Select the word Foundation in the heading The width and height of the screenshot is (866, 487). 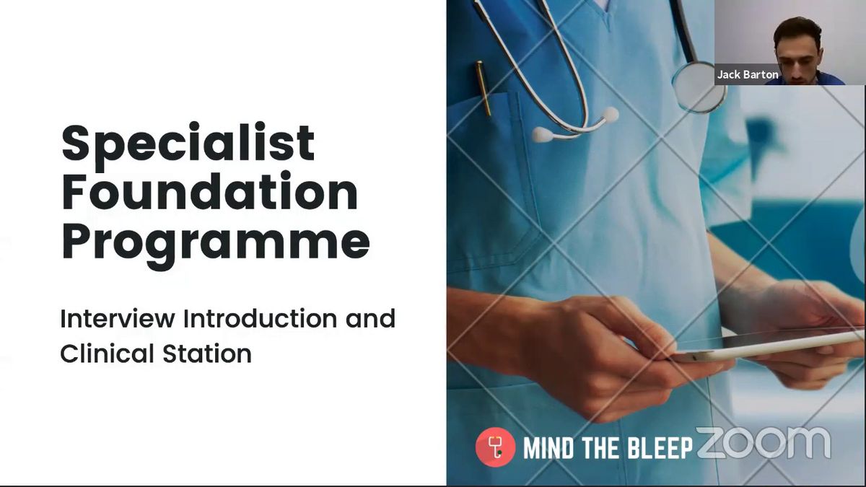(x=209, y=191)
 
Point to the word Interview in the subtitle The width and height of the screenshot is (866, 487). (x=118, y=319)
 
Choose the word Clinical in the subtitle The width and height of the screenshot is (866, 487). (x=107, y=354)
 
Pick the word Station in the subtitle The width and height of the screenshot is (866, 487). (x=207, y=354)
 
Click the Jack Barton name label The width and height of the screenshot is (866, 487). (x=748, y=74)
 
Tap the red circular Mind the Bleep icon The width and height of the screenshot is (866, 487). (x=496, y=447)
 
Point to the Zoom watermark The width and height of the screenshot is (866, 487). (x=764, y=443)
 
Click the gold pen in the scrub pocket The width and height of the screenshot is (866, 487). (x=484, y=88)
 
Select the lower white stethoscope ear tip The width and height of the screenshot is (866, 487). (x=543, y=135)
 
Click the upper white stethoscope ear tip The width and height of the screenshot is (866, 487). (x=610, y=115)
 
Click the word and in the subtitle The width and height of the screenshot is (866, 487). (x=370, y=318)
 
